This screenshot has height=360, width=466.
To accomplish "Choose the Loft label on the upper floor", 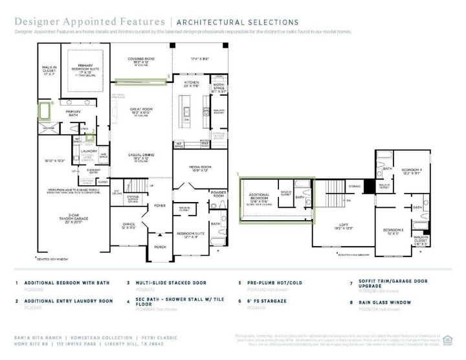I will tap(344, 225).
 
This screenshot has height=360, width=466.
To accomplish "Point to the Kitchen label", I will tap(190, 83).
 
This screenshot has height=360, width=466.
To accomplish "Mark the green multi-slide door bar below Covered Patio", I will tap(139, 81).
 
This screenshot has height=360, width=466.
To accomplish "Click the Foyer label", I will tap(158, 207).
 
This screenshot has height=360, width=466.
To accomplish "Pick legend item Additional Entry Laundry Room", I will tap(68, 301).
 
